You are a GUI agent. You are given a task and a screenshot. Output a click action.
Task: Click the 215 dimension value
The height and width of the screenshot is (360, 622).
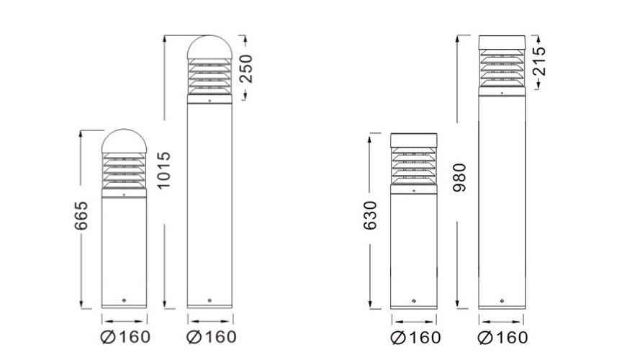539,63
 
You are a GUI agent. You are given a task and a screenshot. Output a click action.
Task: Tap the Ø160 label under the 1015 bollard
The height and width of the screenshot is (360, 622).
211,336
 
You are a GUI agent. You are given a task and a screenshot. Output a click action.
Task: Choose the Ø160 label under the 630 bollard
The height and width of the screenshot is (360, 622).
414,337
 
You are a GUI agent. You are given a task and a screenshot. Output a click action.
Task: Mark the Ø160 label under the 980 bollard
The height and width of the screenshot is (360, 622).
502,337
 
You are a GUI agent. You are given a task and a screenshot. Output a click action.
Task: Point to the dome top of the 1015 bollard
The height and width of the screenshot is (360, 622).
209,47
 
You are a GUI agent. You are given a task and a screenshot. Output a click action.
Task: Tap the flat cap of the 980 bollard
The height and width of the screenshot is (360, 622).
501,42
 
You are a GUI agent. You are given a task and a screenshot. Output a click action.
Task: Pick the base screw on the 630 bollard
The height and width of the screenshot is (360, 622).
413,300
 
